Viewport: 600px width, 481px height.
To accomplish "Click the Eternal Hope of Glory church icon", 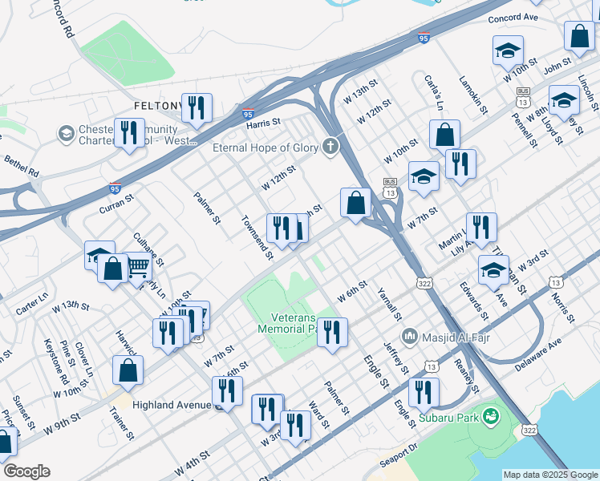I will [329, 147].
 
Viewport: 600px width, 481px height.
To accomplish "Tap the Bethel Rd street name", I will [22, 166].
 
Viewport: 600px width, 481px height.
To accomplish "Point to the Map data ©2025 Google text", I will [550, 475].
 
